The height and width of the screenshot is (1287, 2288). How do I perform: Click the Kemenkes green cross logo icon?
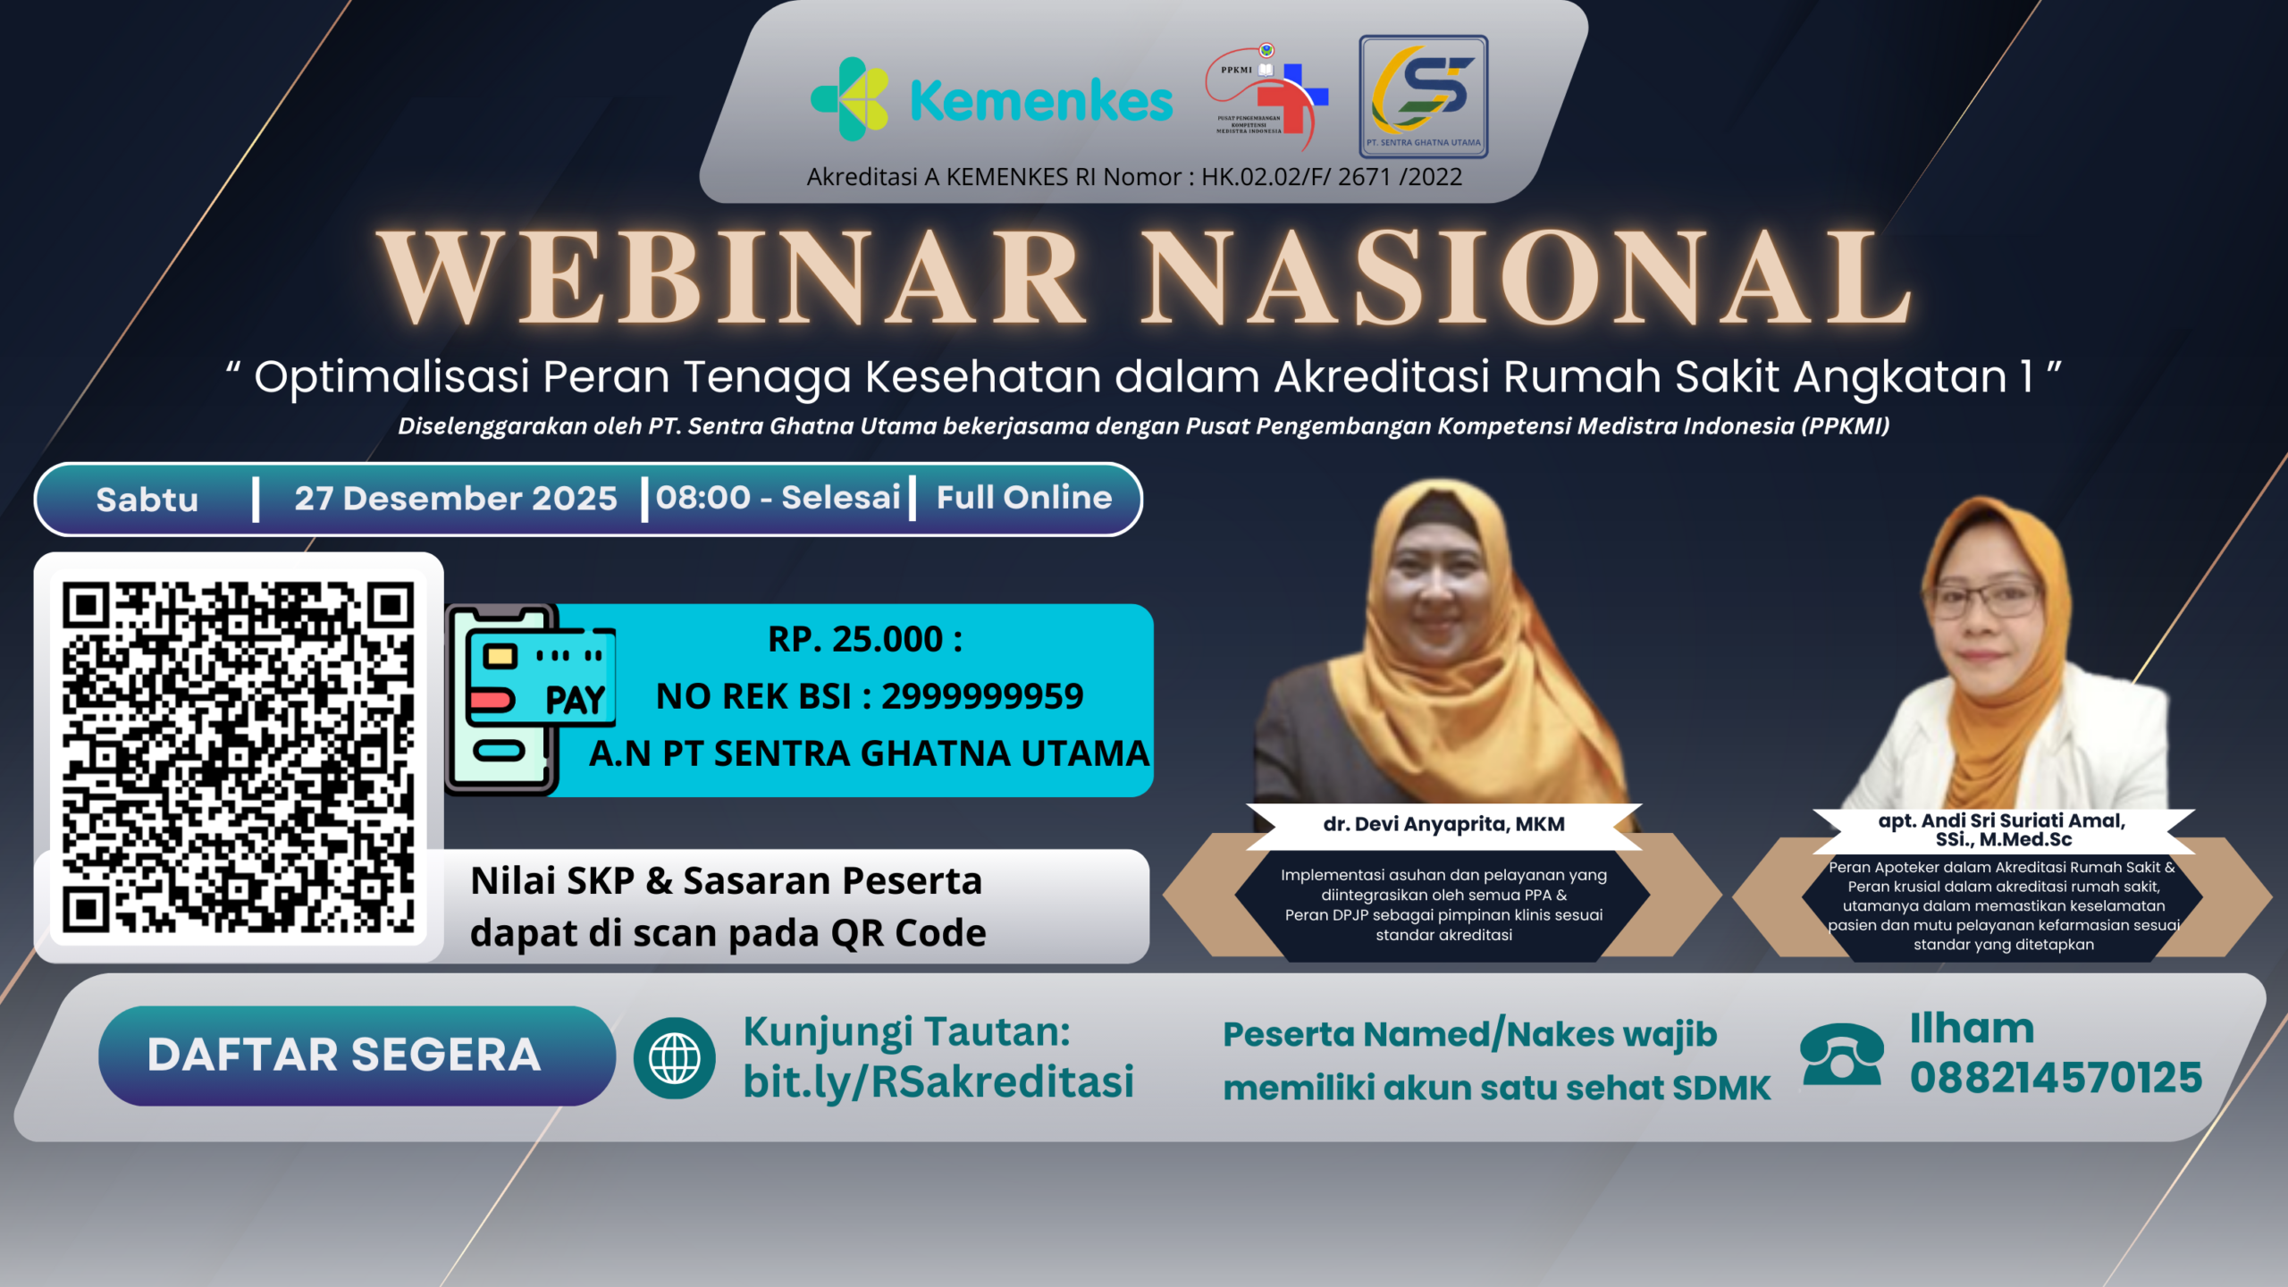(850, 99)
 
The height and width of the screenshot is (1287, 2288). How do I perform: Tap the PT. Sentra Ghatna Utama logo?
(1423, 97)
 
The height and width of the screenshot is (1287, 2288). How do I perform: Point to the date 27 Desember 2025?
(456, 499)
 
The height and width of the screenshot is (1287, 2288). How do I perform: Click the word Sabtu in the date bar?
(147, 500)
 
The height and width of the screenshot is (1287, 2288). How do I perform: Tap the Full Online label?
(1024, 498)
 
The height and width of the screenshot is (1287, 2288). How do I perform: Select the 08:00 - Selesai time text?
(778, 498)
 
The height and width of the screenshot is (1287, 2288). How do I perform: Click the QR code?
(239, 757)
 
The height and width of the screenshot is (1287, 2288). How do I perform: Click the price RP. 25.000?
(864, 639)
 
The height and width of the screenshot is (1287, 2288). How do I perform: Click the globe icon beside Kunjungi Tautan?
(675, 1058)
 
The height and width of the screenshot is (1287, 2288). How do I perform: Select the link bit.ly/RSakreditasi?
(938, 1081)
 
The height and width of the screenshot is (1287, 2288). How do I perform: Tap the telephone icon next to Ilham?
(1842, 1056)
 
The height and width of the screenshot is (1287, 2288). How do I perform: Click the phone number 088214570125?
(2055, 1078)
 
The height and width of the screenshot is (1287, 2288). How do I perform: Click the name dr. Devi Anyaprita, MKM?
(1443, 824)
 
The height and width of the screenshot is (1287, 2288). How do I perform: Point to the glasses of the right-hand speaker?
(1987, 598)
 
